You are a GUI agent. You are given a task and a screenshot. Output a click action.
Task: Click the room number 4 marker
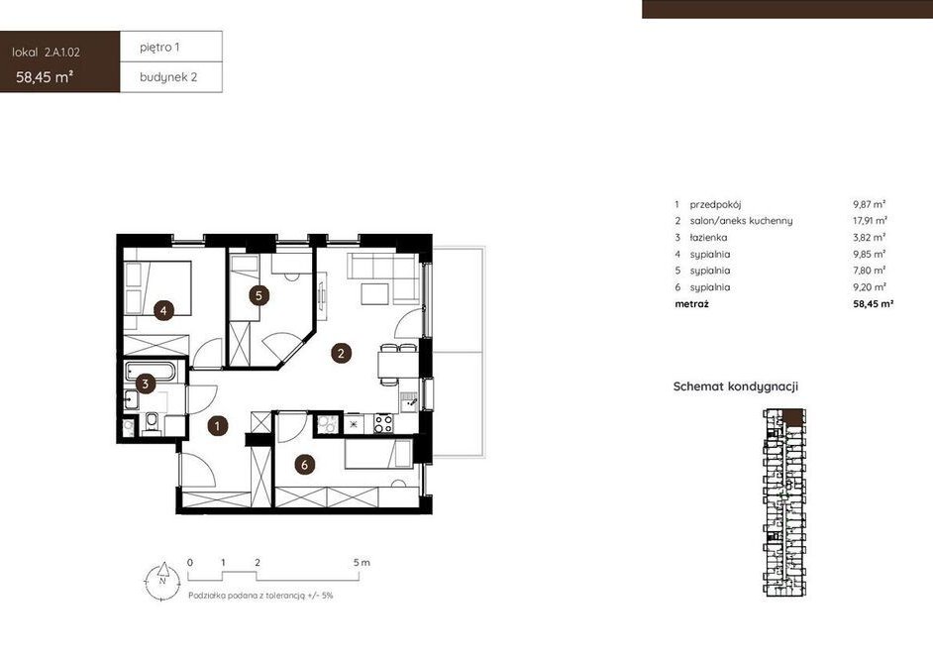click(x=163, y=310)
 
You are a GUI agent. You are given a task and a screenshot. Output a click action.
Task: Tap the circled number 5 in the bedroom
click(x=259, y=295)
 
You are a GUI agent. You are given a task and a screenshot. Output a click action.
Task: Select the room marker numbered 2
click(x=341, y=353)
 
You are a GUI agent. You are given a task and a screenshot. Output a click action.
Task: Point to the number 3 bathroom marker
click(x=146, y=384)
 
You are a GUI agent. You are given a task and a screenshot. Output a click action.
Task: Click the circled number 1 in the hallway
click(x=218, y=426)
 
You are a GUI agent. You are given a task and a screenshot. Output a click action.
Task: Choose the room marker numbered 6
click(x=305, y=465)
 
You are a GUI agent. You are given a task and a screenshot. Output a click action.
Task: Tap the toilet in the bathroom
click(x=152, y=423)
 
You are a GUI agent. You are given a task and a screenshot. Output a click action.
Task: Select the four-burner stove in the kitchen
click(x=382, y=423)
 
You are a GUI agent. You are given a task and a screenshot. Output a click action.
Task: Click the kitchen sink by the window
click(x=408, y=402)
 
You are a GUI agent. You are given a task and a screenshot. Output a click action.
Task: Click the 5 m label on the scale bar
click(x=362, y=563)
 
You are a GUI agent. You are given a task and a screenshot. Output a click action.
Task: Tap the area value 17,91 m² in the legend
click(x=870, y=221)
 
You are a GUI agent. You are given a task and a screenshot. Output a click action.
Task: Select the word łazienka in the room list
click(x=708, y=238)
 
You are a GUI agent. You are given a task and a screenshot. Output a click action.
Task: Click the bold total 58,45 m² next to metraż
click(x=874, y=304)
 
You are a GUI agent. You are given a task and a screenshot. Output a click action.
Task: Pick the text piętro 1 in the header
click(x=159, y=47)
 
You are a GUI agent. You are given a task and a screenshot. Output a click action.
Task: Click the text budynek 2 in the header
click(x=168, y=76)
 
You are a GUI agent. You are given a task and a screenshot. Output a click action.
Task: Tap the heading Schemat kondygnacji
click(x=736, y=386)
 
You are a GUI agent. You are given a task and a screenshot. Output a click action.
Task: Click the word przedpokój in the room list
click(x=715, y=205)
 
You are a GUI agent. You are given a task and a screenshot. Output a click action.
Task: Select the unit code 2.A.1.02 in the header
click(x=61, y=53)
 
